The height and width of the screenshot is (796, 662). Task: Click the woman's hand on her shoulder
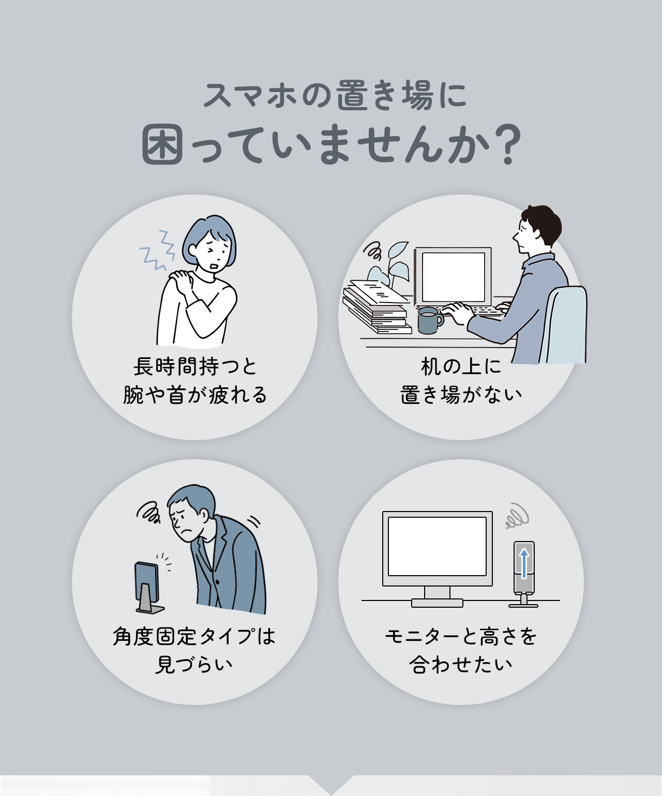coord(182,282)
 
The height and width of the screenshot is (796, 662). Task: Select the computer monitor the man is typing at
coord(453,277)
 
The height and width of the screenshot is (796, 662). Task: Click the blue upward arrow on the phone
coord(524,563)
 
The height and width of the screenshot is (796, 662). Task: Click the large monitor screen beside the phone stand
coord(437,546)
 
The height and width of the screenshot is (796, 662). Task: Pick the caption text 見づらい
coord(194,665)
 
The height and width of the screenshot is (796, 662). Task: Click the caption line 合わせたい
coord(460,664)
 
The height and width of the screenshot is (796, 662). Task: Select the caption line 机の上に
coord(461,367)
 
